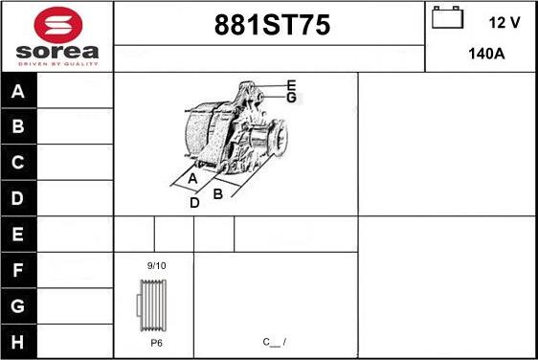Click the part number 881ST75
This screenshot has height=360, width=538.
coord(272,25)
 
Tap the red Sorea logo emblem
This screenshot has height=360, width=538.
coord(58,25)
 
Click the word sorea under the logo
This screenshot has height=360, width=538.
coord(57,52)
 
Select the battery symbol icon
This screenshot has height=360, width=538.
coord(447,17)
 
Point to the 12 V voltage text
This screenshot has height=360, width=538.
coord(504,23)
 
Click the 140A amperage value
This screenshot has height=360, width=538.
coord(486,54)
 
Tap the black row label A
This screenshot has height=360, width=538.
coord(18,91)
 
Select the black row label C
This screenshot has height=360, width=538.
coord(18,163)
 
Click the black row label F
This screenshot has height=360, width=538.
coord(18,270)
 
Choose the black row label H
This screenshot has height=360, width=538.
coord(18,342)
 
